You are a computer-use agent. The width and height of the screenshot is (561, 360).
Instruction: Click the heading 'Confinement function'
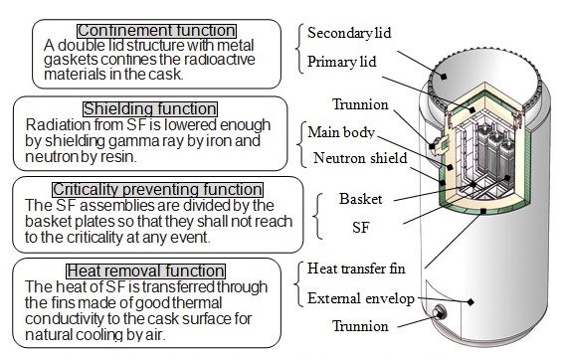(x=156, y=31)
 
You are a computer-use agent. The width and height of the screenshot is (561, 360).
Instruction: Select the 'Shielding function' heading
(x=150, y=107)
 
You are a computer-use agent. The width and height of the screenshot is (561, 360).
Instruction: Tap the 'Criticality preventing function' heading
(x=155, y=189)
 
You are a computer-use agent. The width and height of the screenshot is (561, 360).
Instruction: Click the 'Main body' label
(x=338, y=132)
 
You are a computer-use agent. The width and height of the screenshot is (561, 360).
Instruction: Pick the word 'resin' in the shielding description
(x=138, y=155)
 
